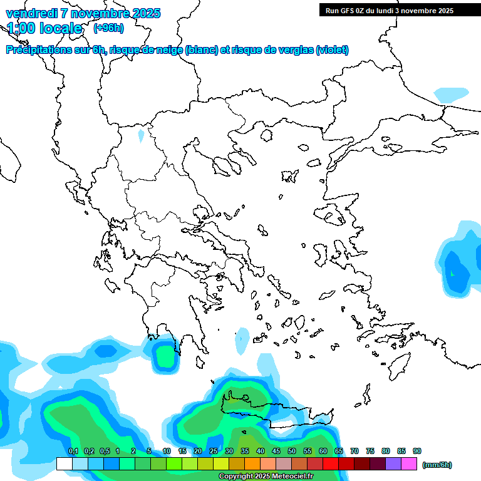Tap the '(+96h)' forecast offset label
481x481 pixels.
(x=108, y=28)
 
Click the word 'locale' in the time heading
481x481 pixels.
(x=61, y=28)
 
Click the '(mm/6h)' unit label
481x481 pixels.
(x=437, y=465)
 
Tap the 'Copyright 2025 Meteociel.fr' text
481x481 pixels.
(x=267, y=477)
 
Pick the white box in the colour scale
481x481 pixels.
(x=65, y=464)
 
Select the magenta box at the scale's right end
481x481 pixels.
(x=409, y=464)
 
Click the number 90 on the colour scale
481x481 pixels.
(x=417, y=451)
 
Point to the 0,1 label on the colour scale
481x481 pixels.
(x=73, y=451)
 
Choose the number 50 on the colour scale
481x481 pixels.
(x=292, y=451)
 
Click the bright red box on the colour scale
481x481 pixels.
(x=331, y=464)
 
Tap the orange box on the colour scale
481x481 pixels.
(x=252, y=464)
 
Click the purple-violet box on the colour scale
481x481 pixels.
(x=393, y=464)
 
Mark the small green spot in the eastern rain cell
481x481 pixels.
(x=452, y=273)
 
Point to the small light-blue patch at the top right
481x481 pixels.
(x=452, y=95)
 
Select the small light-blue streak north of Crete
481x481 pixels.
(x=242, y=341)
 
